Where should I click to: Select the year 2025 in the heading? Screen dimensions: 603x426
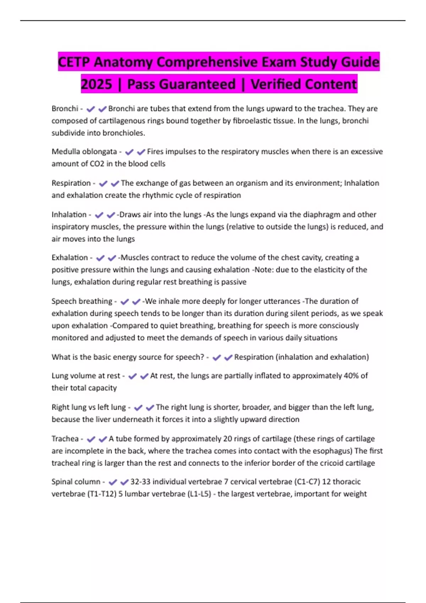coord(97,84)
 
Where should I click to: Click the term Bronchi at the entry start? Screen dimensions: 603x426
coord(65,109)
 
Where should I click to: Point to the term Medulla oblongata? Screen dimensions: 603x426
coord(84,152)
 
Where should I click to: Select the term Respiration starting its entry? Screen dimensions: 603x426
coord(71,183)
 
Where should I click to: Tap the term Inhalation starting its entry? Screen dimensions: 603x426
coord(69,215)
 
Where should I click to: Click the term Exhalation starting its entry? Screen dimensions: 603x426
coord(70,258)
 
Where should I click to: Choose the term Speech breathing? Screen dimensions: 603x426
coord(82,301)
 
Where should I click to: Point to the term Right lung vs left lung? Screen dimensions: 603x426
coord(89,407)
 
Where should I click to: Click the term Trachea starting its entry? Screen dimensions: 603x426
coord(65,439)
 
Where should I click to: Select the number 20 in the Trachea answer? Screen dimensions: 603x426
coord(228,439)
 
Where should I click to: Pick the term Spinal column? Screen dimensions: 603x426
coord(76,482)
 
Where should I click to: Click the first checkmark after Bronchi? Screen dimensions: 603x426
coord(91,109)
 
